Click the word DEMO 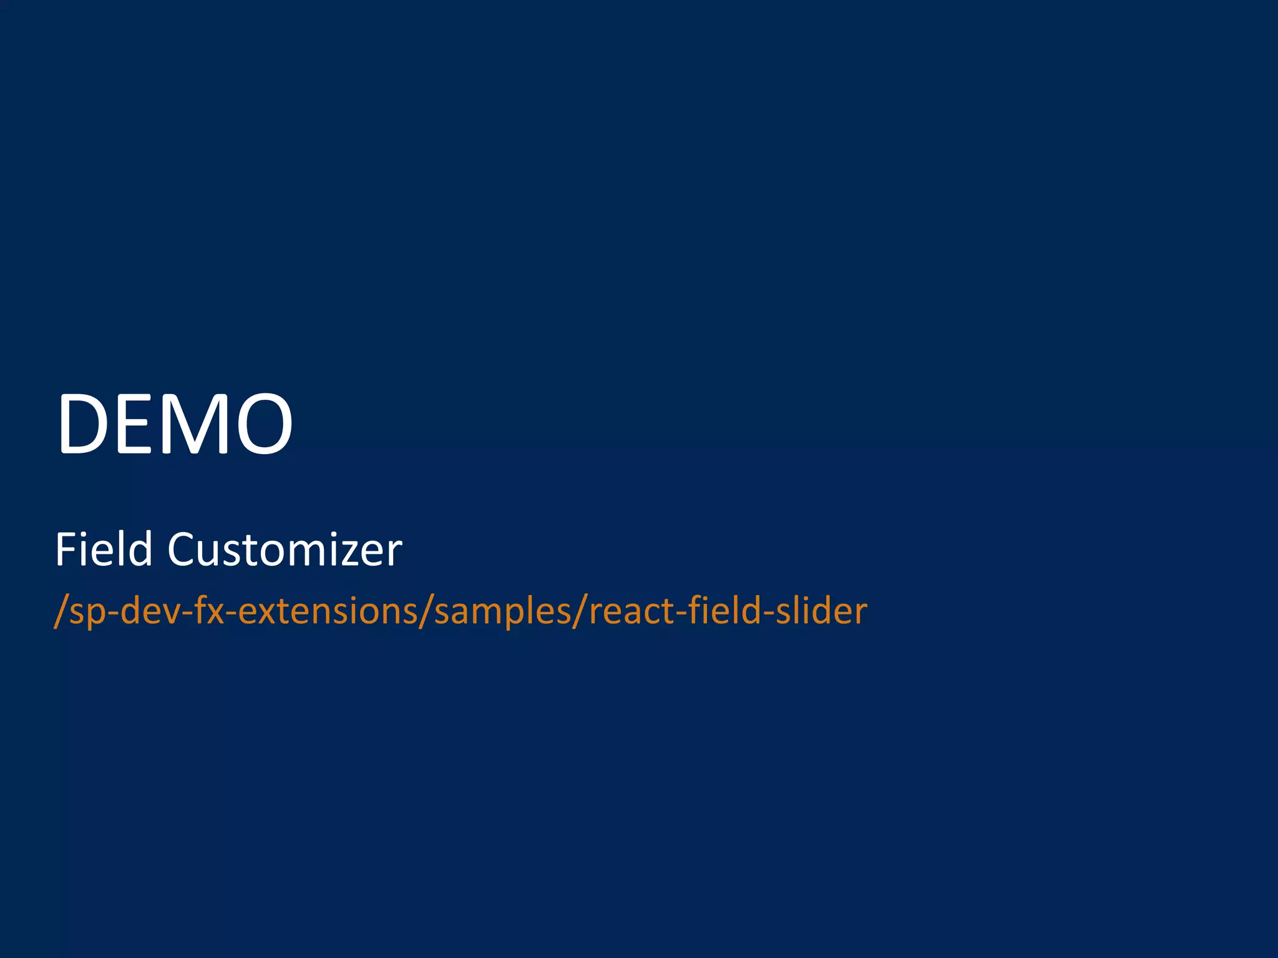tap(175, 423)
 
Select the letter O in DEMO tap(262, 423)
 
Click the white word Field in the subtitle tap(104, 549)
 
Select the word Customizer tap(285, 549)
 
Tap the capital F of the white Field tap(66, 549)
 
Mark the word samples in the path tap(503, 611)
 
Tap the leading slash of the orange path tap(61, 611)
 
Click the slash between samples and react tap(580, 611)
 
